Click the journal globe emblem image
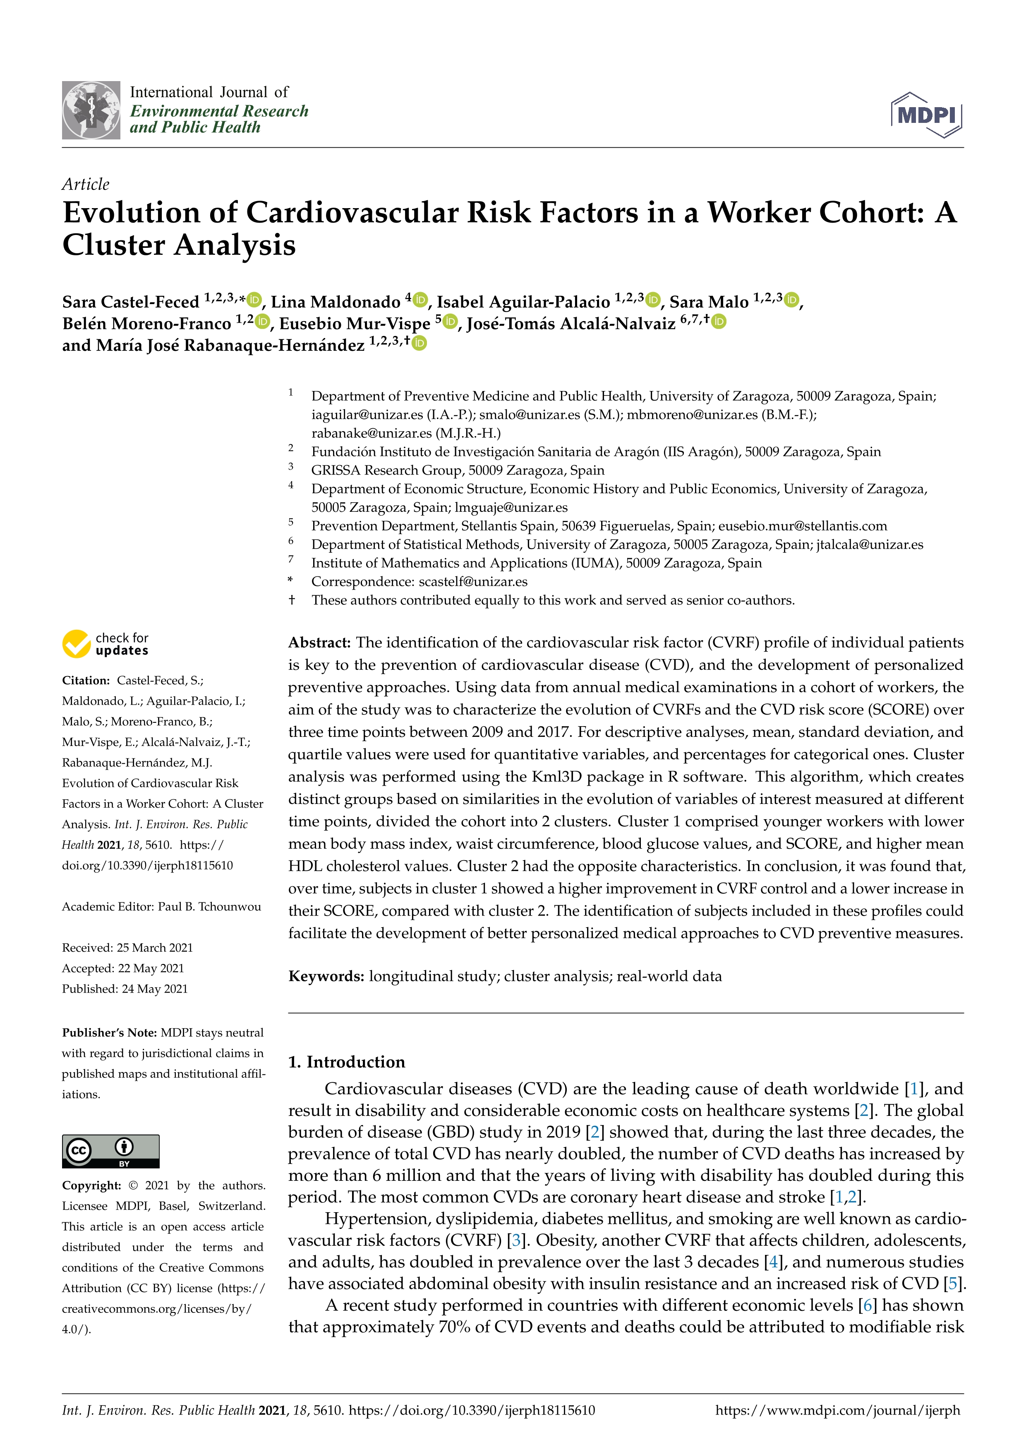tap(91, 110)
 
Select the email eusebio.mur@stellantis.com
tap(802, 526)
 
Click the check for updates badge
tap(105, 644)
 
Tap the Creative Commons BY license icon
tap(110, 1151)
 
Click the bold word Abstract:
tap(319, 643)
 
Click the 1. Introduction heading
tap(346, 1062)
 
